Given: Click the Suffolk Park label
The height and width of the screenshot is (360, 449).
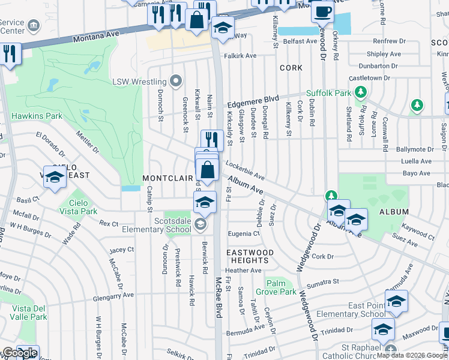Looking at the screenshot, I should coord(328,93).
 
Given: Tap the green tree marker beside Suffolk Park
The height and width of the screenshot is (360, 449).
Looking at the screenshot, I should coord(360,92).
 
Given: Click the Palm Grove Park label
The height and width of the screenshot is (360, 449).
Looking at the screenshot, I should coord(276,287).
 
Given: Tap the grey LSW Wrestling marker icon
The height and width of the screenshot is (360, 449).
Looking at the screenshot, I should coord(175,81).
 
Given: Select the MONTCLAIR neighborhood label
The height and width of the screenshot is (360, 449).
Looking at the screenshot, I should coord(167,178).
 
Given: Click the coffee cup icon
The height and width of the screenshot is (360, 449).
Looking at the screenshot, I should coord(323,11).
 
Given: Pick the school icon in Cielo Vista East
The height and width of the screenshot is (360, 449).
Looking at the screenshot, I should coord(54,178).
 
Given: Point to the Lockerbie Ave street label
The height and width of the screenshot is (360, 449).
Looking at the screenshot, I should coord(245,170).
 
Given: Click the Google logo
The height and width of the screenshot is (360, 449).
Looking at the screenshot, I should coord(20,353).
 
